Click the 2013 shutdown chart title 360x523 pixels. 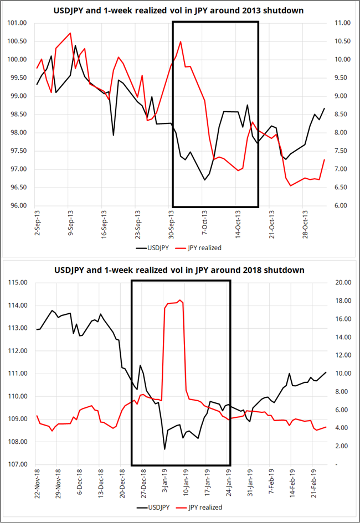click(x=179, y=11)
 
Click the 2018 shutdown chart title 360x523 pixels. click(x=179, y=270)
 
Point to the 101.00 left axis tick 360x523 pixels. click(x=17, y=23)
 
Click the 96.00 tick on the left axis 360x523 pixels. click(x=17, y=206)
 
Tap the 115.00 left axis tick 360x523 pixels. click(x=17, y=283)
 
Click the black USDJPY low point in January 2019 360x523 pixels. click(x=164, y=449)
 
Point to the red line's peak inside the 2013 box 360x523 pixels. click(x=181, y=42)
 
